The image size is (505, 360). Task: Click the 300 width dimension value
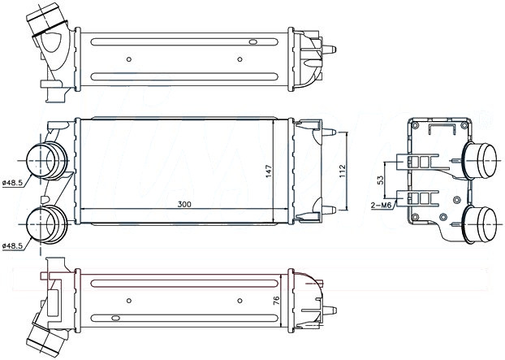184,204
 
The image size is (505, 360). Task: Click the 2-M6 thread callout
382,206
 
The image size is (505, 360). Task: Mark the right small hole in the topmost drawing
239,58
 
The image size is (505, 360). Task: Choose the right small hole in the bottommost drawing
239,301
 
